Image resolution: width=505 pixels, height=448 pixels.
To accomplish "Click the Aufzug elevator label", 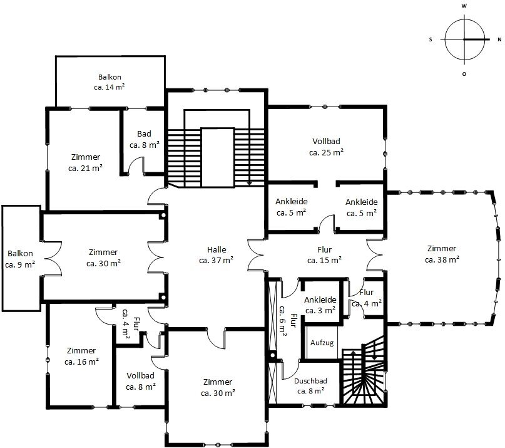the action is coord(322,343).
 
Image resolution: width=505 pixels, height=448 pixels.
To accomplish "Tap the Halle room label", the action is coord(217,249).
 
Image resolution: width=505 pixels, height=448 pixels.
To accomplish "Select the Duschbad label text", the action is coord(310,381).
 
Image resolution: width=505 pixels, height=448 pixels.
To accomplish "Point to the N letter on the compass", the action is coord(499,39).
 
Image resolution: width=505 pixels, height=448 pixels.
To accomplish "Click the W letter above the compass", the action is coord(464,6).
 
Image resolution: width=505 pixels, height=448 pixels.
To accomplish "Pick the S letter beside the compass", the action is coord(431,39).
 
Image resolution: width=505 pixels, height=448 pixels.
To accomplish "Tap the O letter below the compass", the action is coord(464,74).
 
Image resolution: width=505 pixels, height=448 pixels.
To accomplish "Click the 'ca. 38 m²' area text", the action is coord(442,259).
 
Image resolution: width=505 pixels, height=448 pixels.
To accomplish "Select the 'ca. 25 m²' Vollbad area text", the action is coord(326,152).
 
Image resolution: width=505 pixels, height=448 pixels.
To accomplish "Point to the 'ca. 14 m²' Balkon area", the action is coord(110,87).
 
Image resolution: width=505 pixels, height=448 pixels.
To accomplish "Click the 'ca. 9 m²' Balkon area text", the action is coord(20,265).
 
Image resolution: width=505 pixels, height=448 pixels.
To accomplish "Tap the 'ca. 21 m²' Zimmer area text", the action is coord(85,168).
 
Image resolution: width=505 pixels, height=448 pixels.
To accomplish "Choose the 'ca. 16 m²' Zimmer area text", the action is coord(81,362).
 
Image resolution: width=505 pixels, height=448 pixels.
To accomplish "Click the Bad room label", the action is coord(144,133).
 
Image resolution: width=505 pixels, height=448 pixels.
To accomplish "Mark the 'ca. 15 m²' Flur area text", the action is coord(324,260).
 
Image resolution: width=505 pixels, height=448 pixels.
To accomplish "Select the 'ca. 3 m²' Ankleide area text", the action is coord(320,311).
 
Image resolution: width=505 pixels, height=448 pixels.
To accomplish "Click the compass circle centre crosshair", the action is coord(464,39).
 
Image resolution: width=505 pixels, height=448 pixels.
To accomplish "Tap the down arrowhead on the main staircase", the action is coord(249,183).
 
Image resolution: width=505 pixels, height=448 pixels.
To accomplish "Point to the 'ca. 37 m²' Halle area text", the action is coord(216,260).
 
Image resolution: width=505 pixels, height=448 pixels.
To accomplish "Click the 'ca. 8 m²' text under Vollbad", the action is coord(141,387).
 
